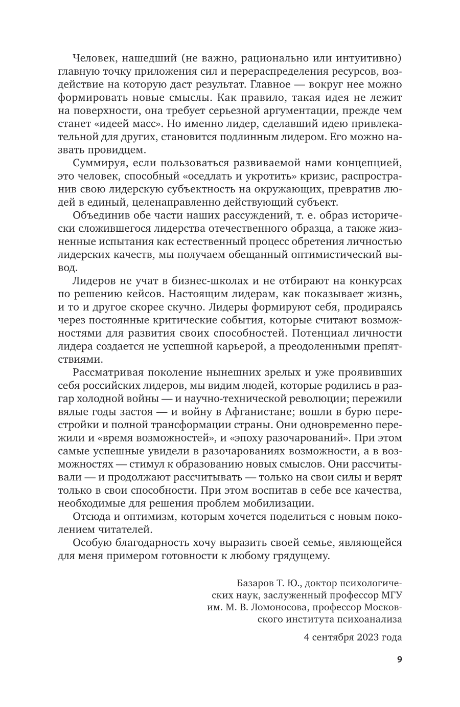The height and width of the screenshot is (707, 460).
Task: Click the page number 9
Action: [399, 659]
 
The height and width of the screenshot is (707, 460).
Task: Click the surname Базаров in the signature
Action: [255, 583]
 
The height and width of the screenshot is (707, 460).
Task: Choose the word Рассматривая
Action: [105, 372]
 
